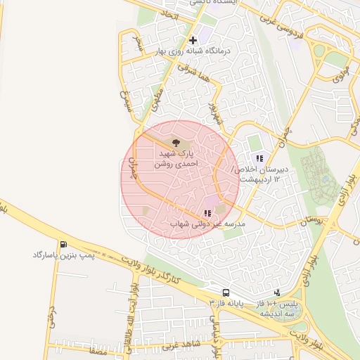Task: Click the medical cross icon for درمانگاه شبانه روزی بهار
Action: point(193,40)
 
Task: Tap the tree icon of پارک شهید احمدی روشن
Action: point(176,143)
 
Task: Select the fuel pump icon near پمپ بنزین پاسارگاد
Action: point(64,245)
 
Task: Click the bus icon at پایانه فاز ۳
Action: point(226,292)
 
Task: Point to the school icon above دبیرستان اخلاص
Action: point(259,158)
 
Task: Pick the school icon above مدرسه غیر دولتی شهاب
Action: point(207,213)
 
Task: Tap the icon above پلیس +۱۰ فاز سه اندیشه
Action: point(277,292)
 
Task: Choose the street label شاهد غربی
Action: point(181,343)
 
